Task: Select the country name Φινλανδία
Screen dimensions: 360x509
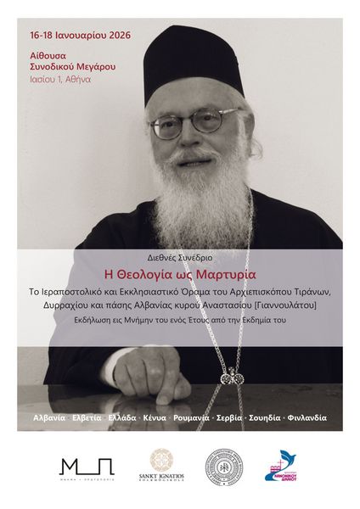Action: [x=307, y=417]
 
